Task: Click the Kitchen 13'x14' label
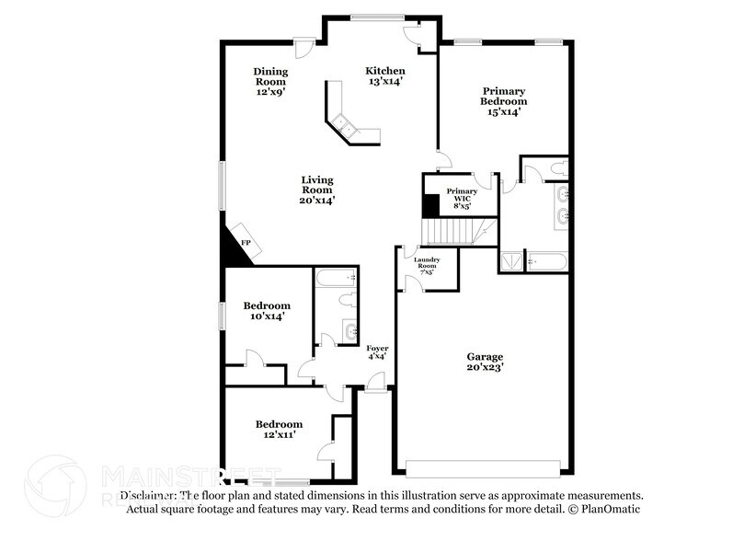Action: click(x=384, y=76)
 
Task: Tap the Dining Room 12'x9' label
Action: click(x=270, y=81)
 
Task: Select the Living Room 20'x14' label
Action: click(x=316, y=190)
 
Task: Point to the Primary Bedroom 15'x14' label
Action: click(x=503, y=101)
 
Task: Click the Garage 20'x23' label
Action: click(x=484, y=362)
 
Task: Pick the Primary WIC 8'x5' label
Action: click(x=462, y=198)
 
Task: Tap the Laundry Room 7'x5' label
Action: click(x=428, y=266)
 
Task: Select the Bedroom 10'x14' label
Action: click(x=267, y=310)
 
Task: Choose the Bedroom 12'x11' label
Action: click(x=275, y=429)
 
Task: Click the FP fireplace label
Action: click(x=246, y=243)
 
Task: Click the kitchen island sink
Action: click(x=344, y=123)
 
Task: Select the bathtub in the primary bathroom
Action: click(x=546, y=261)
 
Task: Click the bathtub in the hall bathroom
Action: click(x=337, y=276)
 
